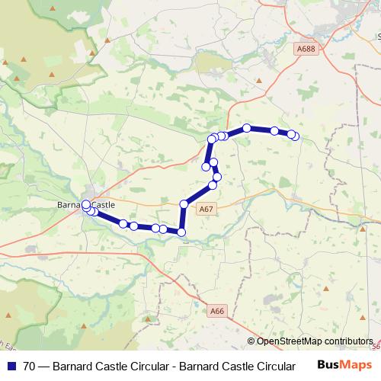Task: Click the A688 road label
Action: click(306, 49)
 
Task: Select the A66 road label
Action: click(218, 310)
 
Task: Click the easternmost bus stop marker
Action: click(295, 136)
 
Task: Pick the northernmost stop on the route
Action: click(247, 128)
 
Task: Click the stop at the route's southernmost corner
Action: click(181, 232)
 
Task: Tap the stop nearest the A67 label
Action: click(184, 204)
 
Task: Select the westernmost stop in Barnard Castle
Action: click(85, 204)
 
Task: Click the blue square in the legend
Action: click(10, 366)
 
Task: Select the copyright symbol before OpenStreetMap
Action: click(251, 341)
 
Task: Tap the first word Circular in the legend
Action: click(140, 366)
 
